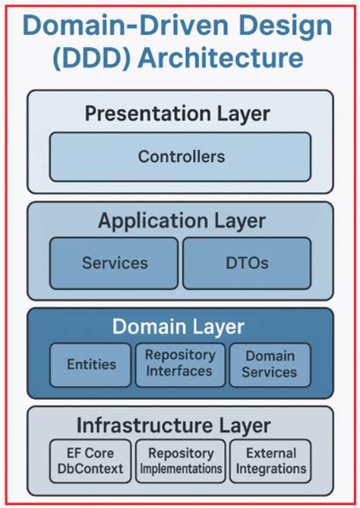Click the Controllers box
coord(181,156)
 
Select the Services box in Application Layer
coord(114,263)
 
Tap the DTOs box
coord(247,263)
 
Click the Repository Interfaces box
coord(180,364)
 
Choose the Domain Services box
coord(270,364)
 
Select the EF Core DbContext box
coord(90,461)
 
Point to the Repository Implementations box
coord(181,461)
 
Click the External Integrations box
coord(270,461)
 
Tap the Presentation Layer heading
coord(177,114)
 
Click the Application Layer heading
coord(182,221)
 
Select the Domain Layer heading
coord(178,327)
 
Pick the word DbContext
coord(90,469)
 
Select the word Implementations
coord(181,469)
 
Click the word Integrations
coord(270,469)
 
